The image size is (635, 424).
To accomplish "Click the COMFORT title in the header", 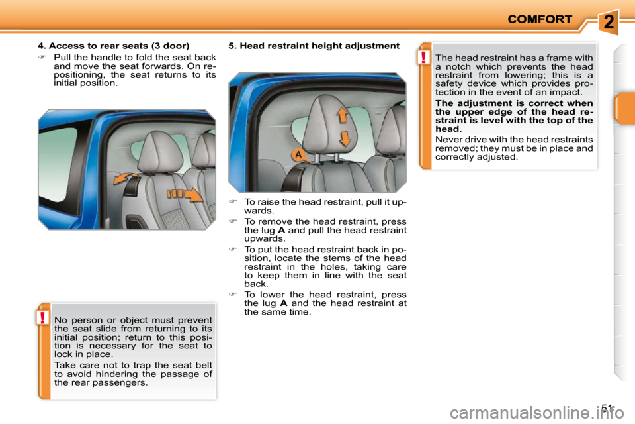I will pyautogui.click(x=540, y=19).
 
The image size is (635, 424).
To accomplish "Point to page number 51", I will pyautogui.click(x=608, y=408).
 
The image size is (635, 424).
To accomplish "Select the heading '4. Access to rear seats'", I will pyautogui.click(x=113, y=46).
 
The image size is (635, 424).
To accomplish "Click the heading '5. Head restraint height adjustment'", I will pyautogui.click(x=314, y=46).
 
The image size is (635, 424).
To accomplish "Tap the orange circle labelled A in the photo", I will pyautogui.click(x=298, y=155).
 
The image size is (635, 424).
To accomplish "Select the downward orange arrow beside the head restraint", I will pyautogui.click(x=344, y=139).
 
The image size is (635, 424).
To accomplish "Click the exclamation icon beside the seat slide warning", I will pyautogui.click(x=43, y=318).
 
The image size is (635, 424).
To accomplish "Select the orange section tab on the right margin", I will pyautogui.click(x=624, y=109).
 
